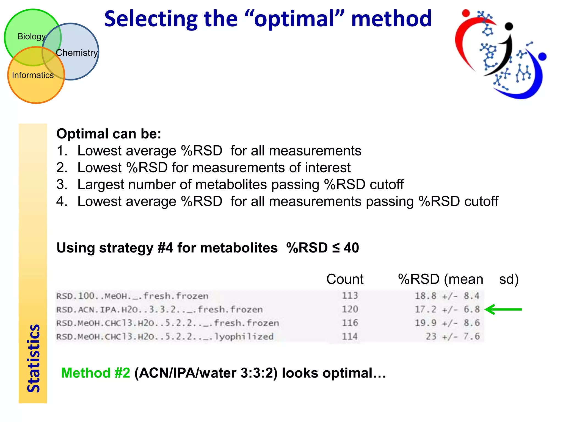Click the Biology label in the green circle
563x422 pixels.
31,37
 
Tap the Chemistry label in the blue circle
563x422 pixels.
77,52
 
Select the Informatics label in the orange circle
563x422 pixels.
33,75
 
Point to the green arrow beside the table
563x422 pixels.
503,309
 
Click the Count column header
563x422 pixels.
345,279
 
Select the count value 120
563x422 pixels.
350,309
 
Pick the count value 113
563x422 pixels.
350,296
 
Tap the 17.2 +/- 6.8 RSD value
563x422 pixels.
447,309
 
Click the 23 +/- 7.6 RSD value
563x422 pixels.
452,336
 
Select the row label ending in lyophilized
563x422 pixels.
165,337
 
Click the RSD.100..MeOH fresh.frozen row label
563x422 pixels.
132,296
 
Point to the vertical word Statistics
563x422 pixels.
33,359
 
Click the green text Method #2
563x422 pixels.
95,373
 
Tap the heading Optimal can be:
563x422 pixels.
109,134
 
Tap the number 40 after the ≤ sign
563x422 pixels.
351,248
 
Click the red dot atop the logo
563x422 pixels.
466,13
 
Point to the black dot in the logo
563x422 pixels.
509,26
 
